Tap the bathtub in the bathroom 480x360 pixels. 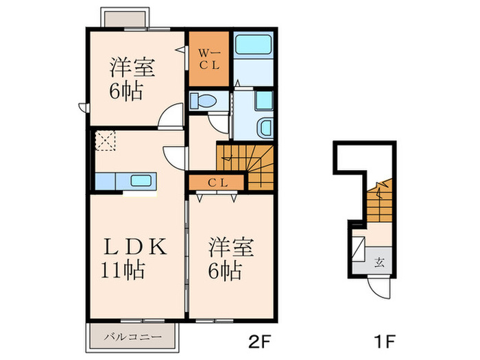(254, 48)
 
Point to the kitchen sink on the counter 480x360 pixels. (141, 182)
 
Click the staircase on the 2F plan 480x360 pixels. (247, 165)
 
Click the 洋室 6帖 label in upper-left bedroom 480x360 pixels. (132, 80)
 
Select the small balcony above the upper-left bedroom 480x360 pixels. (120, 16)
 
